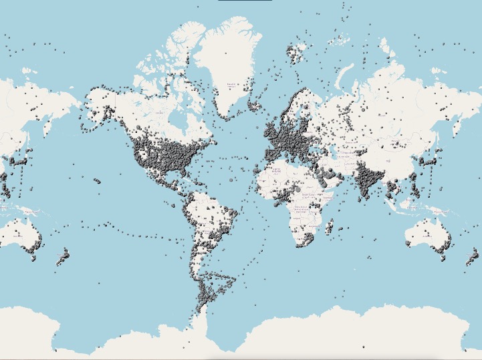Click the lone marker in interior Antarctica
(364, 347)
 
